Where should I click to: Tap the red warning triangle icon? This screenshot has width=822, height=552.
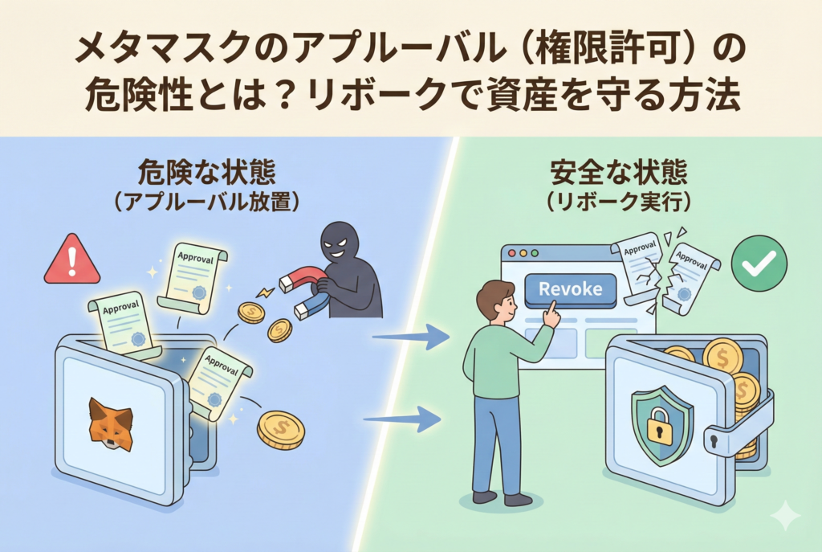[72, 260]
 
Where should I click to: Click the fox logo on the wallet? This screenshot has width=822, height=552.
[110, 422]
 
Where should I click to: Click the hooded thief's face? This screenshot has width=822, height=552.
[340, 245]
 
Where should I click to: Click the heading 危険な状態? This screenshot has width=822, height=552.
[207, 172]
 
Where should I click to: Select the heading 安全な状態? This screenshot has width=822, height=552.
[617, 172]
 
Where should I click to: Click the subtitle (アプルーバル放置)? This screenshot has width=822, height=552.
[207, 201]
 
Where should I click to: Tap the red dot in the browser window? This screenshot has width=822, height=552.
[512, 253]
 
